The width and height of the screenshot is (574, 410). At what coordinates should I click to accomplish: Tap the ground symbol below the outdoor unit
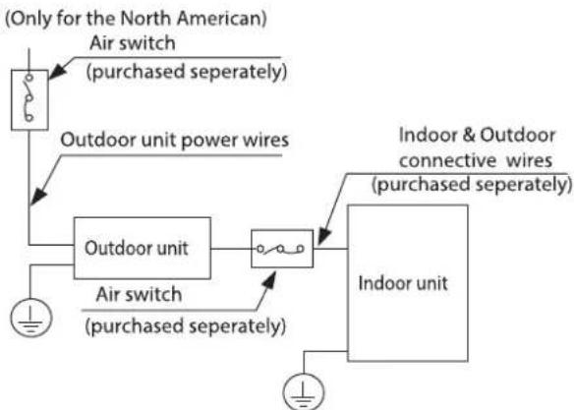tap(31, 318)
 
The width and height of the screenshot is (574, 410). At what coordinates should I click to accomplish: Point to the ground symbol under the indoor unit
tap(304, 391)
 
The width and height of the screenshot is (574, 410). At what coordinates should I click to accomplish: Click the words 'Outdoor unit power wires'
tap(175, 141)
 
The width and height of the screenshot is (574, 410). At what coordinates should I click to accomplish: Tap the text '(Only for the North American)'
tap(136, 19)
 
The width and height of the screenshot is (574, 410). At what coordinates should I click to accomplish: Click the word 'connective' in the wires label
tap(448, 160)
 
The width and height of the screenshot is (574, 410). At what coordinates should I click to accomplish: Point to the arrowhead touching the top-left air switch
tap(57, 72)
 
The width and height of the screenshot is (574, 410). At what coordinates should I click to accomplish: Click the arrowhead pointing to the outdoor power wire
tap(38, 197)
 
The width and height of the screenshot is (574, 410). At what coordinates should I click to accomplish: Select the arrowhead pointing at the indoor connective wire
tap(324, 236)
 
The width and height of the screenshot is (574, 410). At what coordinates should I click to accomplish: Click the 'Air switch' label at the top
tap(132, 43)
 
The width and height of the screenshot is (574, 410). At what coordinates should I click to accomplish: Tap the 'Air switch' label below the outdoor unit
tap(139, 295)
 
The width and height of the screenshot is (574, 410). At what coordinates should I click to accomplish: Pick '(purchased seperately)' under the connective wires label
tap(472, 184)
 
